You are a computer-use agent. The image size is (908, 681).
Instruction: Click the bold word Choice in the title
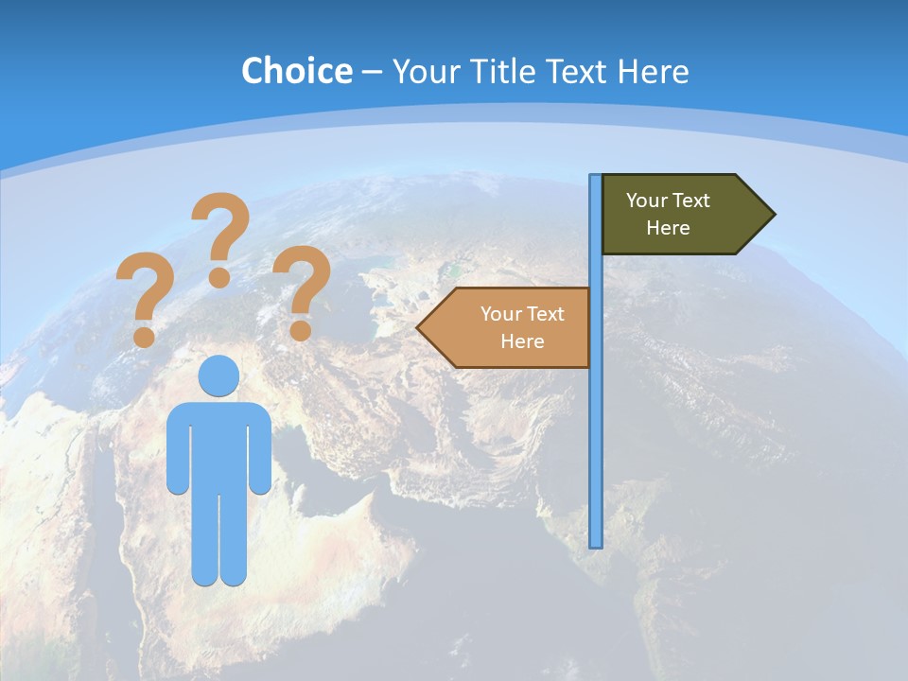point(296,71)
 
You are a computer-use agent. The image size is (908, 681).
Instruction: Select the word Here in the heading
point(654,71)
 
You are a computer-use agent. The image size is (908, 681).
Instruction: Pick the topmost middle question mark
point(220,236)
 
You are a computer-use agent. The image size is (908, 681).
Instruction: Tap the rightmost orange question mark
point(301,289)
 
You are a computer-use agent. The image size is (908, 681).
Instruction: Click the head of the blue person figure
point(218,375)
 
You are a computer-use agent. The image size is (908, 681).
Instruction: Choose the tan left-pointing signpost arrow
point(511,327)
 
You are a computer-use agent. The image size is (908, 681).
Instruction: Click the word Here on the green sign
point(668,228)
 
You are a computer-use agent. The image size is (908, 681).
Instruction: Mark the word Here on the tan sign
point(522,341)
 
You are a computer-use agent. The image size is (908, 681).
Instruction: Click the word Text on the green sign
point(690,201)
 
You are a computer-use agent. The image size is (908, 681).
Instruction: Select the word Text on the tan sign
point(545,314)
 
